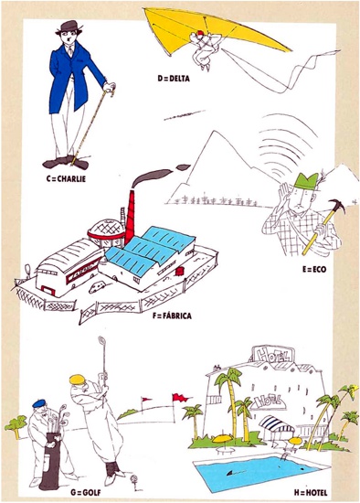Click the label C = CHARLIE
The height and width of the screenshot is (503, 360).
coord(66,178)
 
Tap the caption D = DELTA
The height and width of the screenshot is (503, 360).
coord(174,79)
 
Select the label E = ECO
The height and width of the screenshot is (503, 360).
coord(314,269)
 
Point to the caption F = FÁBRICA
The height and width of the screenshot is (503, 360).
coord(172,316)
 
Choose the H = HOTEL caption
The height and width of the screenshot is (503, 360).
coord(311,492)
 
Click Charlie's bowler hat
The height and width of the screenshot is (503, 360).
coord(70,27)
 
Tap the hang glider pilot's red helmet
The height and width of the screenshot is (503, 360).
coord(200,33)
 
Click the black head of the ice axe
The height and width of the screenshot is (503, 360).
coord(337,206)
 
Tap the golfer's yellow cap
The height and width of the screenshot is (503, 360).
coord(78,380)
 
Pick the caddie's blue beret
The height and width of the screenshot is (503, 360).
coord(39,403)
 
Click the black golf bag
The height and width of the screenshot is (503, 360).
coord(50,462)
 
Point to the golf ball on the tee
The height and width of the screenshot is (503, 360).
coord(133,479)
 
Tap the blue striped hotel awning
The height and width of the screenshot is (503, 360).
coord(277,423)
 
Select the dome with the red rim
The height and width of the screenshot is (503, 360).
coord(106,230)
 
